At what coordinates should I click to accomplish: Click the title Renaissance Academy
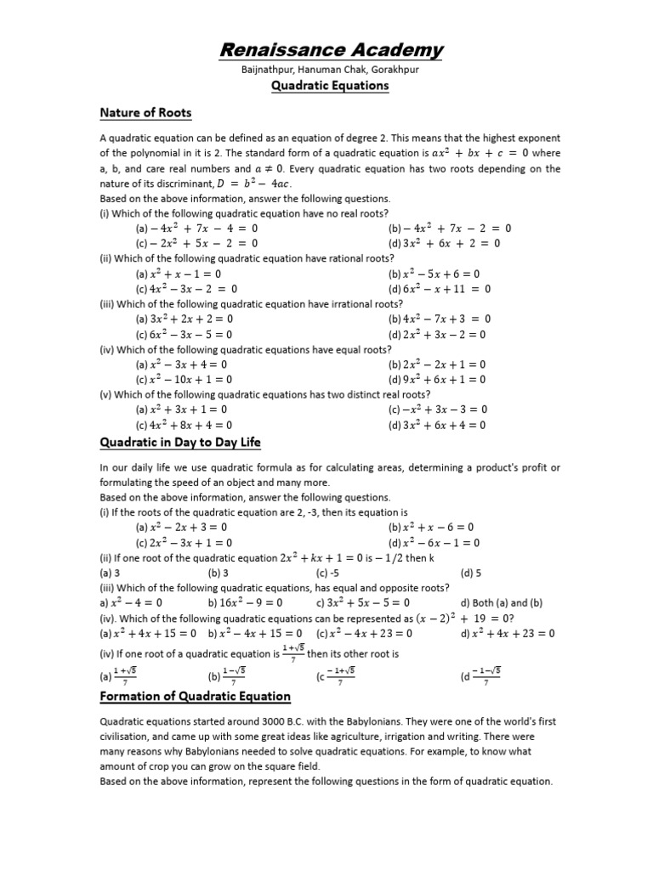tap(331, 50)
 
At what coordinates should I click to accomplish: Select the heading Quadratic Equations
tap(330, 86)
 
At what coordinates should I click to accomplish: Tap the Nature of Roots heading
tap(145, 113)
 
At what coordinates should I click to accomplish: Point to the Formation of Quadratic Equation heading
tap(195, 696)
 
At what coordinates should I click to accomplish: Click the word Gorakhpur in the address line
tap(392, 70)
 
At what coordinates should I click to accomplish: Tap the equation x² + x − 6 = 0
tap(438, 527)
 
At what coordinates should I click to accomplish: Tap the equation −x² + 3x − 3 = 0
tap(444, 409)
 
